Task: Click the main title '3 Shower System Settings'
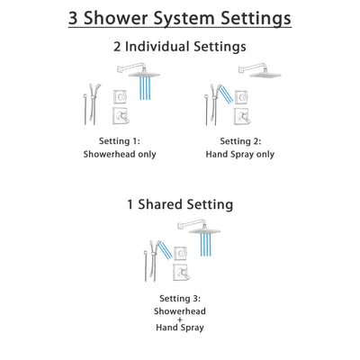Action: click(x=180, y=19)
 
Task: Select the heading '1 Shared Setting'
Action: click(x=180, y=204)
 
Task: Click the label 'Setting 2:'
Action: click(x=239, y=141)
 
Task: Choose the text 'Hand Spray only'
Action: click(x=239, y=154)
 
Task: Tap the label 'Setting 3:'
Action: click(x=181, y=297)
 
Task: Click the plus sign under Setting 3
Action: click(x=181, y=319)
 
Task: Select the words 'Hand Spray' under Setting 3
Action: click(x=181, y=328)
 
